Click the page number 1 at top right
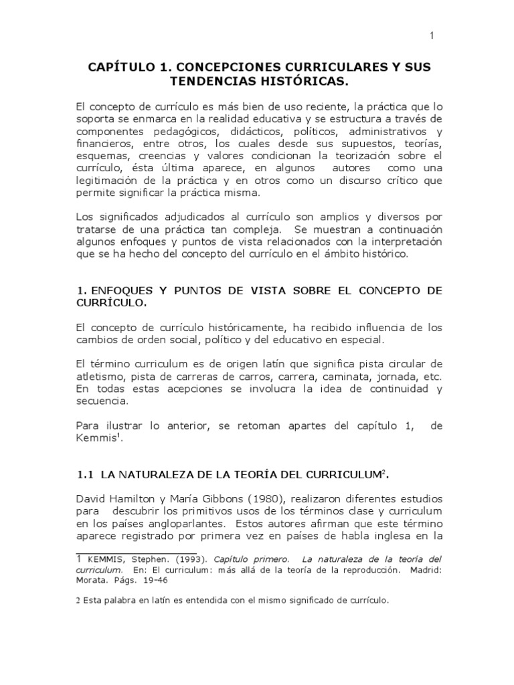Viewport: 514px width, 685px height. pyautogui.click(x=432, y=35)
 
